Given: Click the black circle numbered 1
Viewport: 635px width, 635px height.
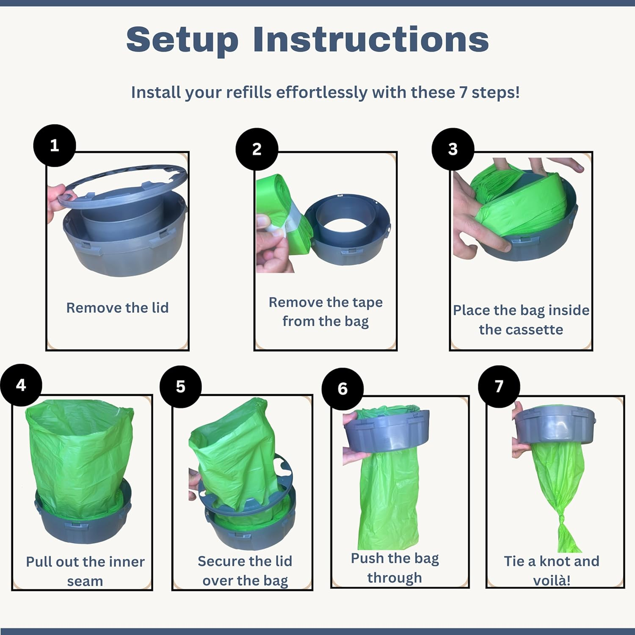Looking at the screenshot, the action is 55,145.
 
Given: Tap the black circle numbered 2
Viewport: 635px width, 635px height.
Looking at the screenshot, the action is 257,149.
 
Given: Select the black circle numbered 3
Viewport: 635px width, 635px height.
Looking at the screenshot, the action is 453,149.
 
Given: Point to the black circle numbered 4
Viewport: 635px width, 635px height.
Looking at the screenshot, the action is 21,385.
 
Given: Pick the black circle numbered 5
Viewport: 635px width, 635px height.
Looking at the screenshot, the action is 181,387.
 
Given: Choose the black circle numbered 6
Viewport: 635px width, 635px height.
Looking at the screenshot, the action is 342,389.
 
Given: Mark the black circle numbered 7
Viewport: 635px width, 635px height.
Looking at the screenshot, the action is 499,386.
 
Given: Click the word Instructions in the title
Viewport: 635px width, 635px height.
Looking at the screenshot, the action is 371,39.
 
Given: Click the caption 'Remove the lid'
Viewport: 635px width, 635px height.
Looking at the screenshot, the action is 117,308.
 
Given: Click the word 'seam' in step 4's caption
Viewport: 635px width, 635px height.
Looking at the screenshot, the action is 85,582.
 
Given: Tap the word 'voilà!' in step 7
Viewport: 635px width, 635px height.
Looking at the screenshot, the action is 552,580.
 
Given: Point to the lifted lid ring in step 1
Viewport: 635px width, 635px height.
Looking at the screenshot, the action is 123,186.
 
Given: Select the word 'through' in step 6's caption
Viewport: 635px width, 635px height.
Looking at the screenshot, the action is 395,578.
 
